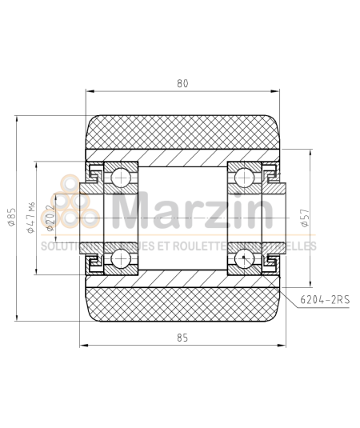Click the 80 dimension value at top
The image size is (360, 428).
point(182,82)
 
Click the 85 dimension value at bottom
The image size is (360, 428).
point(182,338)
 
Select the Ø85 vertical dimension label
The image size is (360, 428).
point(10,218)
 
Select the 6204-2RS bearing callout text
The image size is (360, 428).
point(325,300)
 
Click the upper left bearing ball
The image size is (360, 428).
point(122,176)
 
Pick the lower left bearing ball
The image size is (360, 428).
point(122,258)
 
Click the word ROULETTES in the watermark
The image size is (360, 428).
point(236,246)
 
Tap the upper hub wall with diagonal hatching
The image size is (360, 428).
point(182,157)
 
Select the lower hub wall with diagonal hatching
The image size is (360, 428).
point(182,278)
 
